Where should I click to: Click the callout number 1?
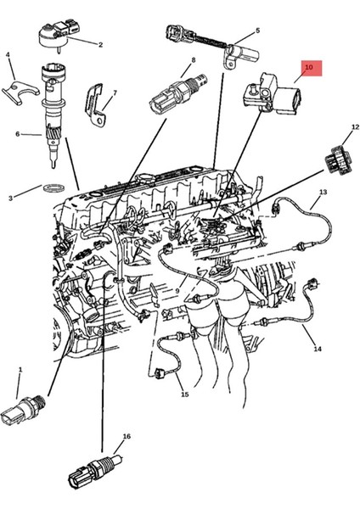point(20,370)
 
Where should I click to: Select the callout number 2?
point(100,45)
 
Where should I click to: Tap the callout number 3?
point(11,198)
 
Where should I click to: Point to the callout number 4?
point(8,55)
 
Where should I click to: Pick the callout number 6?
point(16,133)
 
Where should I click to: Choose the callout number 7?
point(114,92)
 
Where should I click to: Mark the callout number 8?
point(194,60)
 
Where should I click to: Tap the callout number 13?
point(322,193)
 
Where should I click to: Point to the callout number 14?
point(318,349)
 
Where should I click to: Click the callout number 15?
point(183,394)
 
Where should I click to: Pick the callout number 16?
point(127,436)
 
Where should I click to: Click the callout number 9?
point(177,292)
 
